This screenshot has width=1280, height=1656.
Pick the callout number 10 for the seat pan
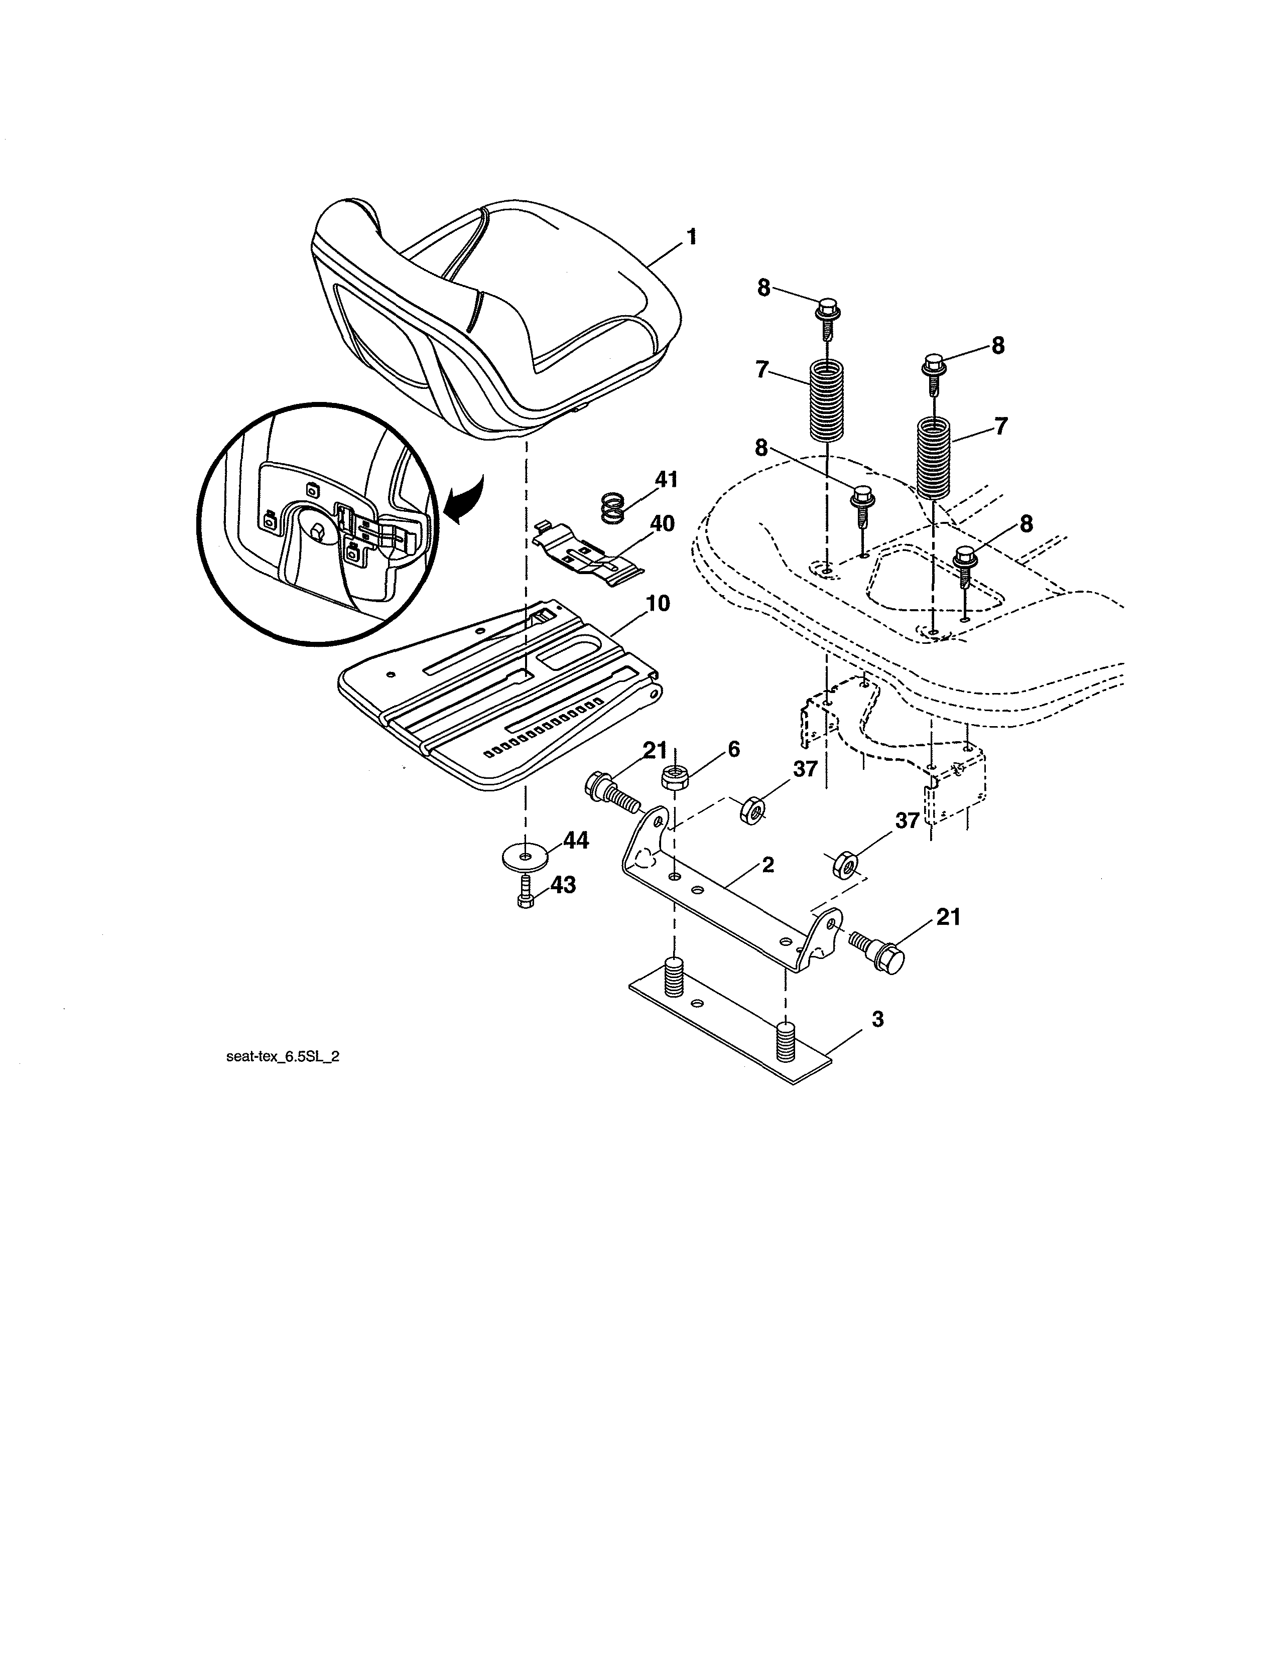pyautogui.click(x=658, y=604)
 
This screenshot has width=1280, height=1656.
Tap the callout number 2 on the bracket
pyautogui.click(x=767, y=865)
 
